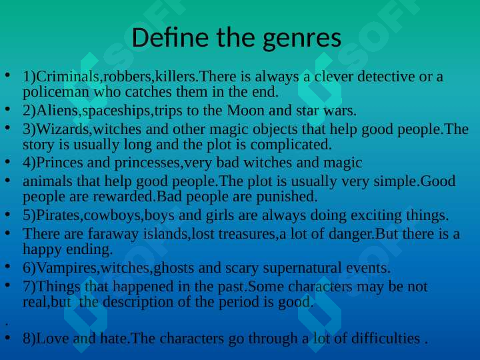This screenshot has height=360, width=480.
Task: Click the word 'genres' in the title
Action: click(301, 39)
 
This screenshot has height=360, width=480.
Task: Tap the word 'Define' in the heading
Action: click(170, 37)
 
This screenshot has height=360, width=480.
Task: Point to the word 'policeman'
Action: click(56, 93)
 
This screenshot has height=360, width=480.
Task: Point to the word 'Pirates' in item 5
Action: click(58, 215)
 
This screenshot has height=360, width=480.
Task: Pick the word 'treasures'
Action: click(247, 234)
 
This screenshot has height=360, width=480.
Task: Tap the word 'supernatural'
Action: click(302, 269)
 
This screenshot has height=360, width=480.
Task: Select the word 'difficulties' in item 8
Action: click(385, 339)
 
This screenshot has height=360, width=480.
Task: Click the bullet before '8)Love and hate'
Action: click(8, 337)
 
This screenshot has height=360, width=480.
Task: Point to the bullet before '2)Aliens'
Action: click(8, 109)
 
